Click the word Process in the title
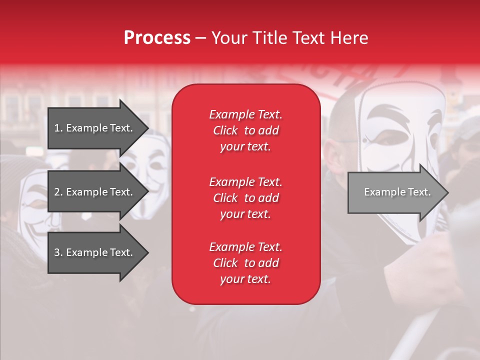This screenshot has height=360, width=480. [157, 38]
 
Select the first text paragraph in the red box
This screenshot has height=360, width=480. [245, 130]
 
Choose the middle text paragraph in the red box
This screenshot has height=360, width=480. [245, 198]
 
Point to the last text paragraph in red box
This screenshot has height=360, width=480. [245, 263]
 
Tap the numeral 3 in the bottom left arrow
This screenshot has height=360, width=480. [57, 252]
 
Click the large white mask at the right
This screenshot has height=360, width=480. [400, 145]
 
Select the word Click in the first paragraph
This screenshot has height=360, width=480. [225, 130]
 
